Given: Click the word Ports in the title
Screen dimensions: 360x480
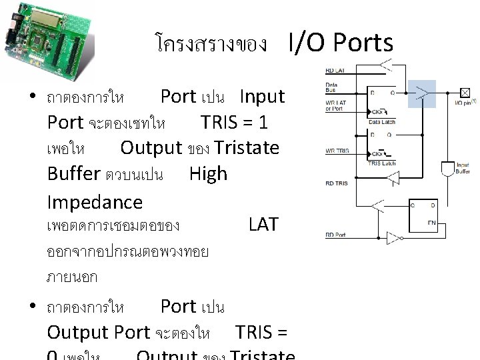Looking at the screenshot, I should click(359, 43).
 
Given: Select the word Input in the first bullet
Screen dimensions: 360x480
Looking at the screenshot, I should click(262, 97).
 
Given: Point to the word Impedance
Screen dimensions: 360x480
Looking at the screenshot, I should click(95, 202).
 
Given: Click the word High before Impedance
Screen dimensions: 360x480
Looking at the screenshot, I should click(208, 174).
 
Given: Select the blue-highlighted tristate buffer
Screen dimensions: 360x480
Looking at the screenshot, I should click(421, 93).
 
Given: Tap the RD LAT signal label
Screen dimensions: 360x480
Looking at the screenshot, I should click(335, 71).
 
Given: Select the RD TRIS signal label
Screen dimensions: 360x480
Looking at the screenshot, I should click(335, 181).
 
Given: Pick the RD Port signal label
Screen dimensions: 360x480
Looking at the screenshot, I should click(336, 234).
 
